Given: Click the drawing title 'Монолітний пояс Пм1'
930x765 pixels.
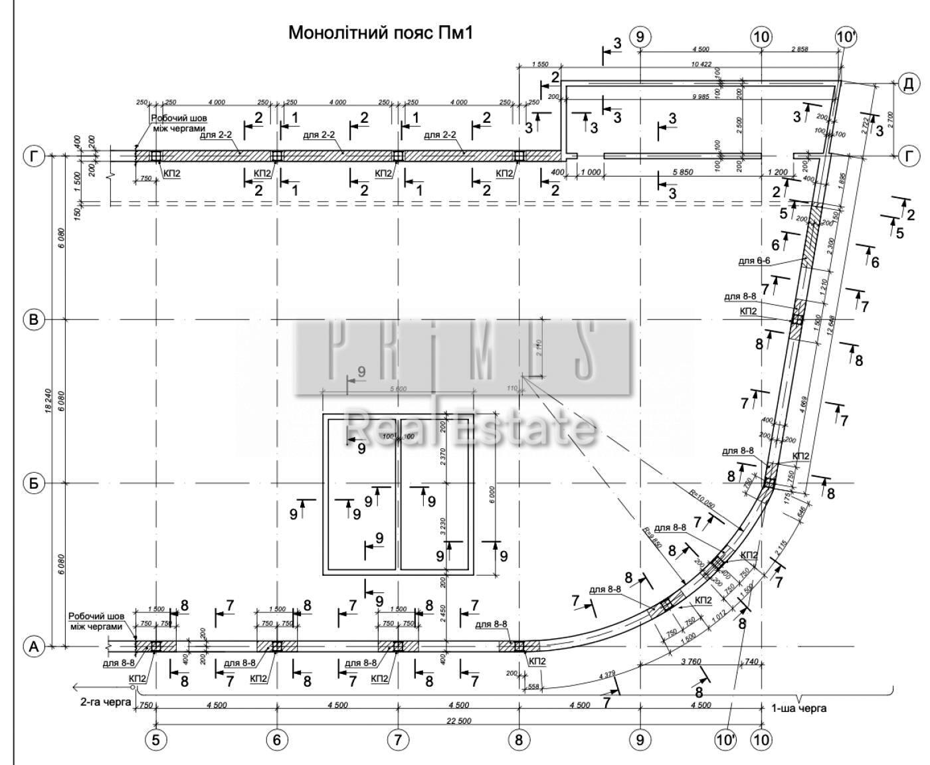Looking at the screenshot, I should click(x=380, y=33).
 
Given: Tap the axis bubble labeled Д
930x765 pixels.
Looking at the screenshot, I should click(x=908, y=83).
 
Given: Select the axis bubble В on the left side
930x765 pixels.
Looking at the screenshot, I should click(x=34, y=320).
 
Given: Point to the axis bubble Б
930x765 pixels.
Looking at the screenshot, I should click(x=34, y=483).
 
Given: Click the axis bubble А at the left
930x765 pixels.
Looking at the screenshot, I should click(x=34, y=645).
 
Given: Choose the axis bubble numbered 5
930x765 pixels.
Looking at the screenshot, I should click(x=155, y=740).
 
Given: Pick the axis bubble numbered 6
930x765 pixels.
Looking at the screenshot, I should click(x=277, y=740).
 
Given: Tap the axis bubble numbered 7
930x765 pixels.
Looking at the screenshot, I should click(x=398, y=740).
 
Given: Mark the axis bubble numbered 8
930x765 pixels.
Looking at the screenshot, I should click(x=519, y=740).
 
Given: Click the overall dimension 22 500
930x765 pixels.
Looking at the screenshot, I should click(x=458, y=721).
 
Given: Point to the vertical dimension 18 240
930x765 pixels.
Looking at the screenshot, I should click(x=48, y=402).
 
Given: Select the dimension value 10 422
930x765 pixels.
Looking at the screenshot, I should click(x=701, y=64).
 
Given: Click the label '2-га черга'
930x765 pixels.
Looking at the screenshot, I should click(x=105, y=701).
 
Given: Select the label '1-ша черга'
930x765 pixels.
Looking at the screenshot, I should click(x=799, y=708).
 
